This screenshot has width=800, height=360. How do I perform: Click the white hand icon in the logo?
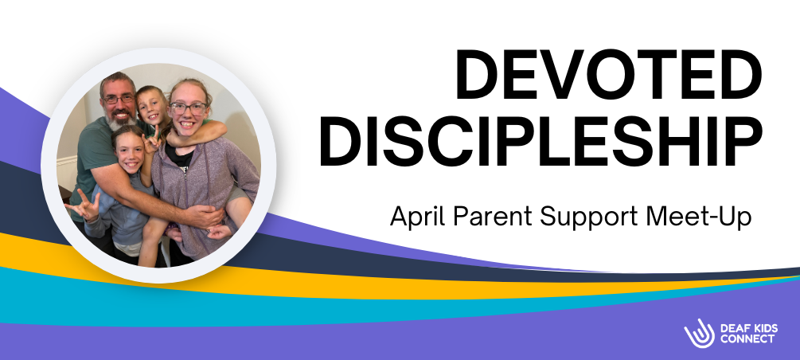[x=697, y=333]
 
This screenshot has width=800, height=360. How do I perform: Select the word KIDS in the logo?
[x=763, y=327]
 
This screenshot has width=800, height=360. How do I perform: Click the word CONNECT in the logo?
[x=747, y=339]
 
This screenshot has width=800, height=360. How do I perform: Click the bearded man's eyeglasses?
[x=119, y=99]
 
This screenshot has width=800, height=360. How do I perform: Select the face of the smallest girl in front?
[x=129, y=147]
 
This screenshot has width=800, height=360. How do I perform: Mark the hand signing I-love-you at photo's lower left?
[x=82, y=208]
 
